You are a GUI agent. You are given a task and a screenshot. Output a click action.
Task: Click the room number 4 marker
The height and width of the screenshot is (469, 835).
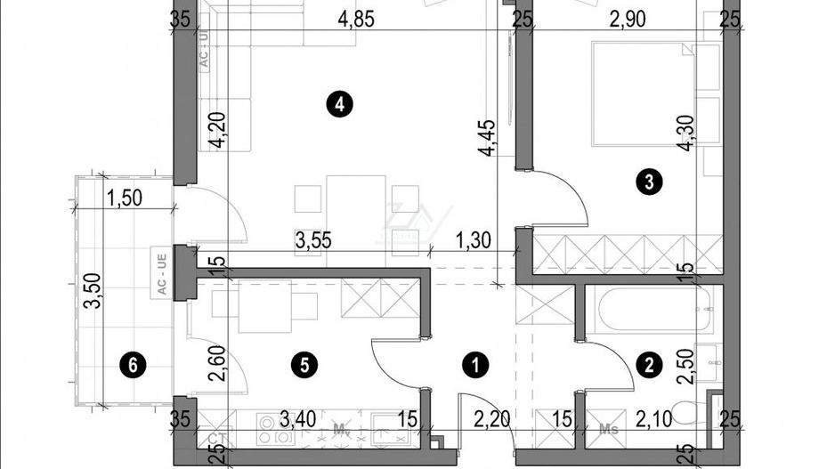tap(339, 105)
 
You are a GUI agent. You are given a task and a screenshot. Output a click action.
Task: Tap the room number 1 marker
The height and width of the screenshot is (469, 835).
tap(477, 363)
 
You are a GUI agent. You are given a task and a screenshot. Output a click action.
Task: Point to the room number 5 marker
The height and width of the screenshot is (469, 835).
tap(304, 363)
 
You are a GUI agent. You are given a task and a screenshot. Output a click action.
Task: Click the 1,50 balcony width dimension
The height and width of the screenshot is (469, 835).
tap(125, 198)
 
